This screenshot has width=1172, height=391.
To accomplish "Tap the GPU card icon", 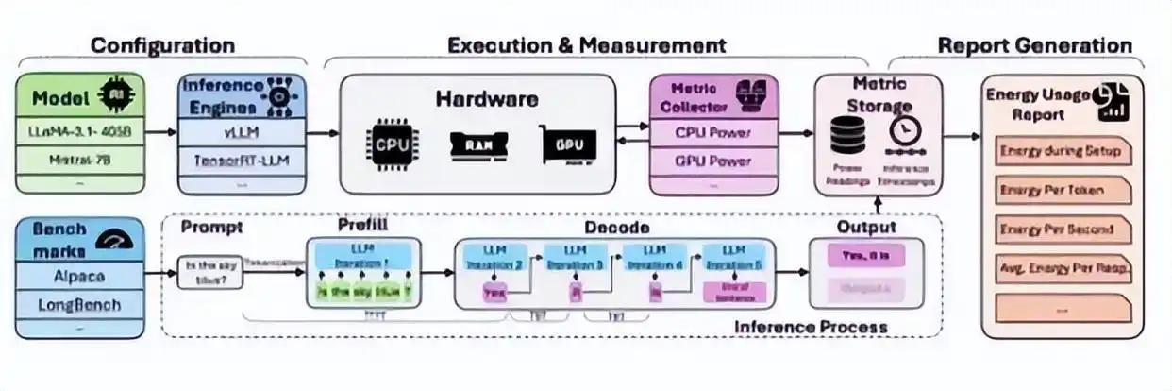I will click(x=569, y=144).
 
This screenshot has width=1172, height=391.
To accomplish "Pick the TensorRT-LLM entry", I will click(x=243, y=160).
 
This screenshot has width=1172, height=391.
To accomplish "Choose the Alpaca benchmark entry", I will click(x=81, y=278).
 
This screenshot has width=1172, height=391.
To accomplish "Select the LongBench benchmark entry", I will click(x=81, y=306).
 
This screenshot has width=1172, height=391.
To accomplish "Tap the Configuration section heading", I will click(x=162, y=45).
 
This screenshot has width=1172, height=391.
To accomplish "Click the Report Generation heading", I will click(x=1034, y=45).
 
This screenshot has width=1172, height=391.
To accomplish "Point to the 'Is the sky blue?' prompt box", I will click(x=209, y=272).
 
